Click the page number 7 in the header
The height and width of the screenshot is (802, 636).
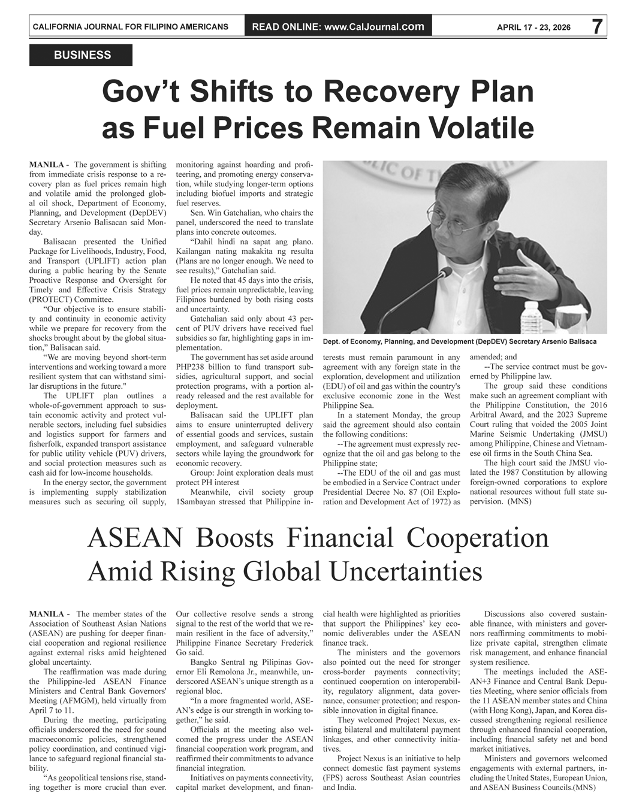tap(596, 27)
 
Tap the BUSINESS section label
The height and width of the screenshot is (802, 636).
tap(82, 55)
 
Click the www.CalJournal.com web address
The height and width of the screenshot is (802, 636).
tap(373, 27)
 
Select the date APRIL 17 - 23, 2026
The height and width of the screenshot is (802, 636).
tap(533, 28)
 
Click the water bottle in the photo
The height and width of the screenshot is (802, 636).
tap(530, 316)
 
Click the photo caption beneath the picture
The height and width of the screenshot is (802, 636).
tap(459, 341)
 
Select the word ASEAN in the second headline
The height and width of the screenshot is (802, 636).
tap(134, 538)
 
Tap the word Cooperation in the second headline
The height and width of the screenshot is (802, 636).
tap(478, 538)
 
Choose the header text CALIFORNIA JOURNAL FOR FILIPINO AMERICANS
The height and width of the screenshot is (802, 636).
tap(130, 28)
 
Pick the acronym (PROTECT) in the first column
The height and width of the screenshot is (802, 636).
tap(52, 299)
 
